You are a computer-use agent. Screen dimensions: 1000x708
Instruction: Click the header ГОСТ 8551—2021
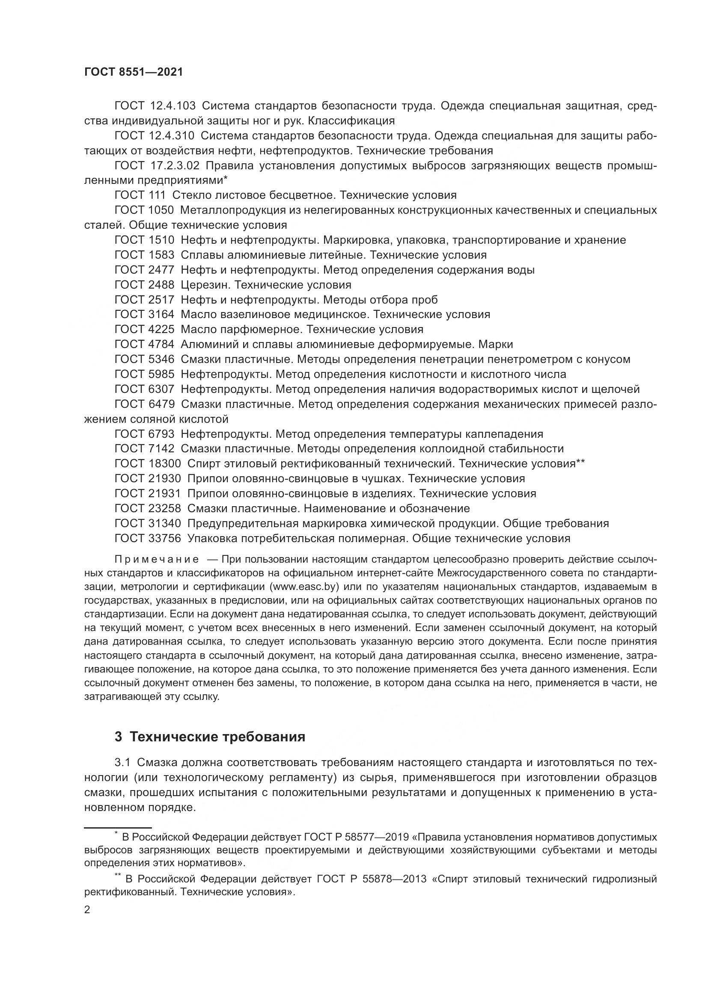[134, 72]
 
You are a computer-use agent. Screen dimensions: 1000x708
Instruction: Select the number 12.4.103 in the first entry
[172, 106]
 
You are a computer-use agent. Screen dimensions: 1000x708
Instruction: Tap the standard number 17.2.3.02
[174, 165]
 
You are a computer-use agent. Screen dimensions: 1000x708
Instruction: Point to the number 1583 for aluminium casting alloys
[161, 255]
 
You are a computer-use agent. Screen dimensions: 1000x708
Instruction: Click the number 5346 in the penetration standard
[161, 359]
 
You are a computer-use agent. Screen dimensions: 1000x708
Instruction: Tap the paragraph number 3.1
[122, 763]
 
